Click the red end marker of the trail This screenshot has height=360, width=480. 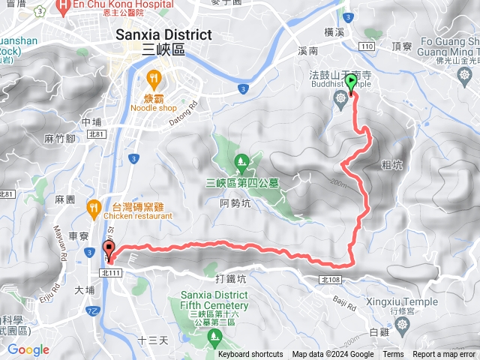click(109, 249)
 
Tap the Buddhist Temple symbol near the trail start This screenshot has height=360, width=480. click(342, 97)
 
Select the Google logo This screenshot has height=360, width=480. click(28, 349)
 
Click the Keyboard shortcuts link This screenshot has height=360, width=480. click(250, 355)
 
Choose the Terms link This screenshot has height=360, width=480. click(393, 355)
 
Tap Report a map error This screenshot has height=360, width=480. click(445, 355)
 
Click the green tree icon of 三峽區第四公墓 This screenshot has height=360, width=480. click(241, 160)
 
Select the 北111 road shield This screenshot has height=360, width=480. click(109, 271)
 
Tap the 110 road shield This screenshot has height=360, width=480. click(366, 46)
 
